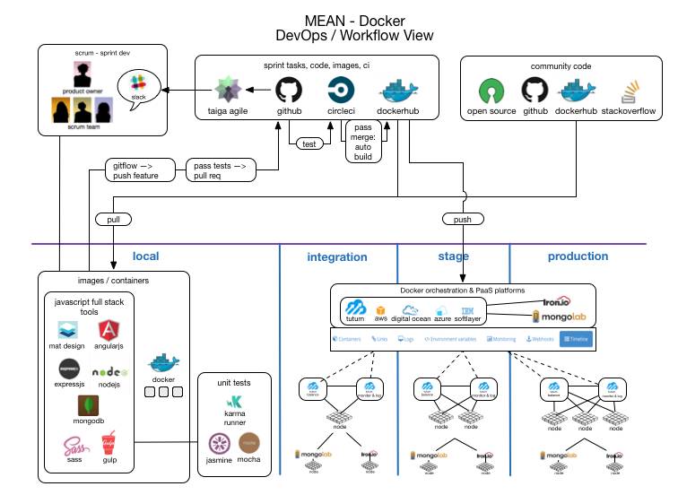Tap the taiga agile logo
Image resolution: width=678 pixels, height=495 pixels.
point(226,91)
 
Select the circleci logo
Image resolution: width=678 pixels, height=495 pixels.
point(342,91)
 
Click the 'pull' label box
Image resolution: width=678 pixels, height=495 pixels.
point(113,219)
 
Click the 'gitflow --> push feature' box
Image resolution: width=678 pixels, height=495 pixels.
point(135,169)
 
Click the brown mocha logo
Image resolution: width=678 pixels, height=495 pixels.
point(249,443)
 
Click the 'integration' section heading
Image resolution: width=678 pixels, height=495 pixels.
point(337,257)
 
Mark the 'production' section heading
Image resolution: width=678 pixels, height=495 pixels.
point(578,256)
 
